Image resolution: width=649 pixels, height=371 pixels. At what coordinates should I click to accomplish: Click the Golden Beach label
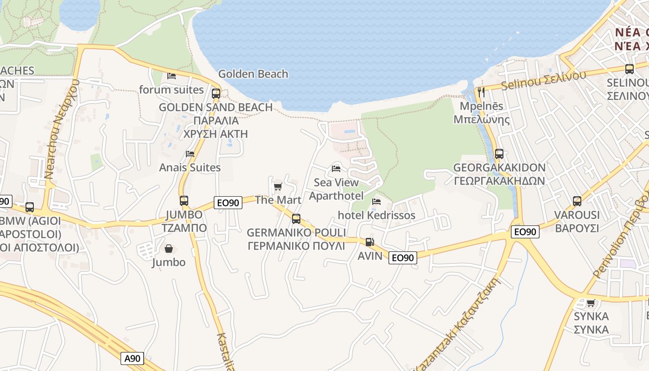click(253, 74)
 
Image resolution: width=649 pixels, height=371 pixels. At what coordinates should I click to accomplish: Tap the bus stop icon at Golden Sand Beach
click(216, 93)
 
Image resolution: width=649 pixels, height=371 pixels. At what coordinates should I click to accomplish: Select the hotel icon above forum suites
click(172, 76)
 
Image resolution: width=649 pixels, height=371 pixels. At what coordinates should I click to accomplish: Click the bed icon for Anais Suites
click(190, 154)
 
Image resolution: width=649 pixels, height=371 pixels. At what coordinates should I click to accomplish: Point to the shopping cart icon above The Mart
click(278, 186)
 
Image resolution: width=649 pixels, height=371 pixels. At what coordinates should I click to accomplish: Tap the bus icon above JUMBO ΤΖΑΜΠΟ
click(184, 201)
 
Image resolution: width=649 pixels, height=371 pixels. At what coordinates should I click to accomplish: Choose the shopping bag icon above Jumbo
click(168, 249)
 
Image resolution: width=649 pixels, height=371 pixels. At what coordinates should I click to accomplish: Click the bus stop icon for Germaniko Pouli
click(296, 218)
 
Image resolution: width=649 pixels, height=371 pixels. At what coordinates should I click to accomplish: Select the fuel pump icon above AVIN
click(369, 242)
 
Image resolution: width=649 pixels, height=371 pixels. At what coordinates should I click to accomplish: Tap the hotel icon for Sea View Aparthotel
click(336, 168)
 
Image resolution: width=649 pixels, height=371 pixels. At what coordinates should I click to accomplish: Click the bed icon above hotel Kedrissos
click(376, 202)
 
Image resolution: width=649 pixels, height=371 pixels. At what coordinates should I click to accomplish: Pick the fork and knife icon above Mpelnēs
click(481, 92)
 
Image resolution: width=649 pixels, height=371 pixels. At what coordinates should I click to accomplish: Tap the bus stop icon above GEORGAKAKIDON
click(499, 154)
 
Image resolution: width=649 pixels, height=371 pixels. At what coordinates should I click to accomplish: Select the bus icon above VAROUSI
click(577, 201)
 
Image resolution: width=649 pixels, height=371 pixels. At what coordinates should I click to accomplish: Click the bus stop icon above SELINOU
click(629, 69)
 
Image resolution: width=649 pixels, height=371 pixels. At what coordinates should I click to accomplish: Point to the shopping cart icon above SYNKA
click(591, 303)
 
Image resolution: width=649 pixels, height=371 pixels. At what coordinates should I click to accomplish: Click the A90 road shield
click(133, 358)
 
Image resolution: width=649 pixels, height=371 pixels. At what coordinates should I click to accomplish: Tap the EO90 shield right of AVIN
click(402, 258)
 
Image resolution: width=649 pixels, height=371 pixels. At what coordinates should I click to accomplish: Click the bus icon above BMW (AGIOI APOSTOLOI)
click(30, 207)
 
